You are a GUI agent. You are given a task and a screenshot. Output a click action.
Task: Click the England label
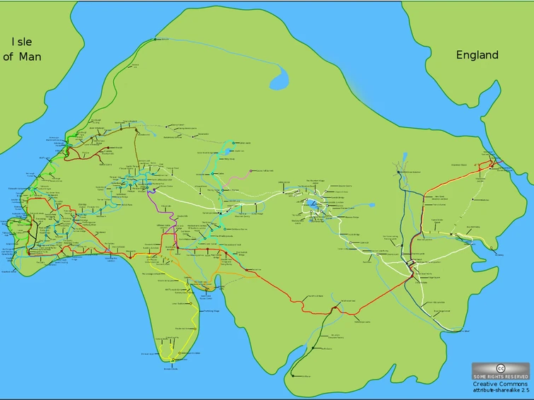click(x=477, y=55)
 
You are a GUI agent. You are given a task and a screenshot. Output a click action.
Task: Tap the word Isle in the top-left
click(x=21, y=42)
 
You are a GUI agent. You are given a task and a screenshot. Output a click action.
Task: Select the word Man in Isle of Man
click(x=30, y=57)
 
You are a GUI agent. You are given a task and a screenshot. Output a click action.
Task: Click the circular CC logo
click(x=501, y=368)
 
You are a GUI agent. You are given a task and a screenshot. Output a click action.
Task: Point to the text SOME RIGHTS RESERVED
click(x=501, y=377)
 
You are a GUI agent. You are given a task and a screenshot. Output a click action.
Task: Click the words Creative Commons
click(x=500, y=384)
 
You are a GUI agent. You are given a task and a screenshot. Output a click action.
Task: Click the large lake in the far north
click(x=279, y=74)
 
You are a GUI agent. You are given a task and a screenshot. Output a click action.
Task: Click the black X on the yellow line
click(x=452, y=233)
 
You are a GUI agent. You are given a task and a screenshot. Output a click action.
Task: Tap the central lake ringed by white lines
click(x=312, y=205)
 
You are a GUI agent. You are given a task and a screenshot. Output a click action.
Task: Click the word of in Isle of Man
click(x=9, y=57)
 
